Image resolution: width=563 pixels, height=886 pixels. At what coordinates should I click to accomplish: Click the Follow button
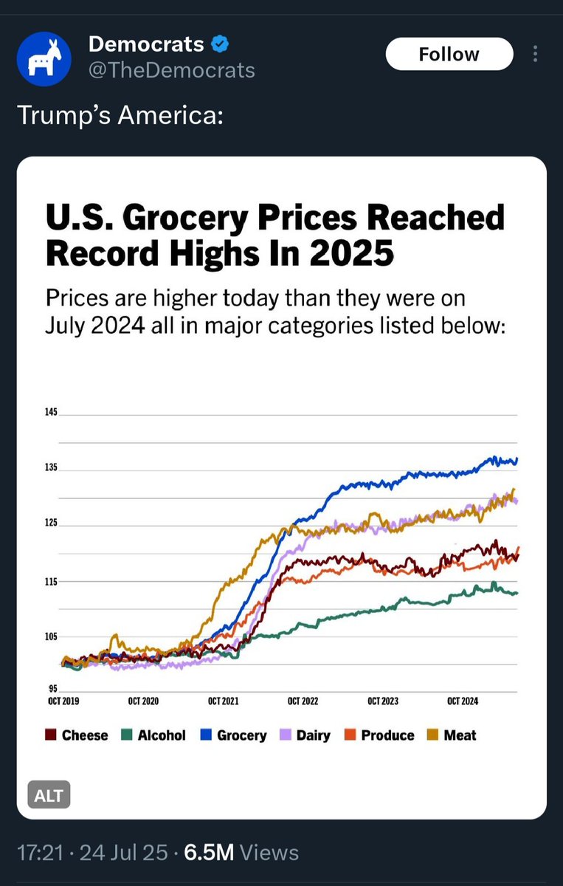(x=449, y=55)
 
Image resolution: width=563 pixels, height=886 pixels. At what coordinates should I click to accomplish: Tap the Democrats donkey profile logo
(x=44, y=58)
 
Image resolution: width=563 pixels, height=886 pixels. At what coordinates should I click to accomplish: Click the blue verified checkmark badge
(x=219, y=44)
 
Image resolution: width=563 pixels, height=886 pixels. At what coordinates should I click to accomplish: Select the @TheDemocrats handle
(x=171, y=70)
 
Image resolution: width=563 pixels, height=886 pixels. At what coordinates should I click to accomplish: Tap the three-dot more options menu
(x=535, y=55)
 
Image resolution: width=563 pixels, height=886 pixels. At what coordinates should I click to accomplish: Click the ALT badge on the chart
(x=49, y=796)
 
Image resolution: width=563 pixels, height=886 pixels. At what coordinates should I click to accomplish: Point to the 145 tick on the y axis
(x=51, y=412)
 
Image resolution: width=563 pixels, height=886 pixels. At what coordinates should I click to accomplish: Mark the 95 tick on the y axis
(x=52, y=689)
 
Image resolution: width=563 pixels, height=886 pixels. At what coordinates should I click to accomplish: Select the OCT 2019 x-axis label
(x=63, y=701)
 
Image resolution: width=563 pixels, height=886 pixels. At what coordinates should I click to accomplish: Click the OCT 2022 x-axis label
(x=303, y=701)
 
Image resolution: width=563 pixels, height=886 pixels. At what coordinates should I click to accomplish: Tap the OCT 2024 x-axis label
(x=463, y=701)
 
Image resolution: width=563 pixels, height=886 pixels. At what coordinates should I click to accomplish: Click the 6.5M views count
(x=209, y=852)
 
